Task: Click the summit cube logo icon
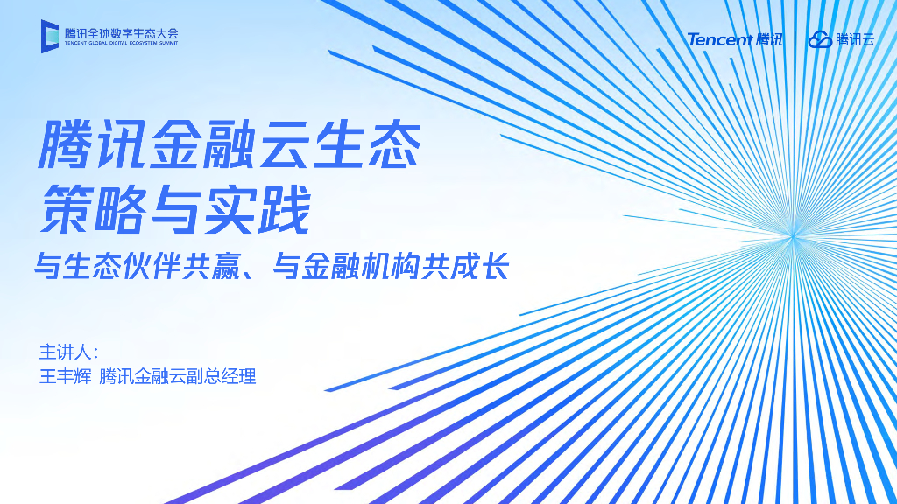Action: pos(49,36)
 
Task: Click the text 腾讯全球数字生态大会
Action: pos(121,32)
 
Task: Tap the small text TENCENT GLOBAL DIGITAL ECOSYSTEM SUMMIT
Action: pos(121,43)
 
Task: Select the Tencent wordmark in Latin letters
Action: pos(719,39)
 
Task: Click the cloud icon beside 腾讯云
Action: pos(820,39)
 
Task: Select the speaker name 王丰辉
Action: pos(65,378)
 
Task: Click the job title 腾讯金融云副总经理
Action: pos(178,378)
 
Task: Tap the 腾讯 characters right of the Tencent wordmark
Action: pos(770,39)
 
